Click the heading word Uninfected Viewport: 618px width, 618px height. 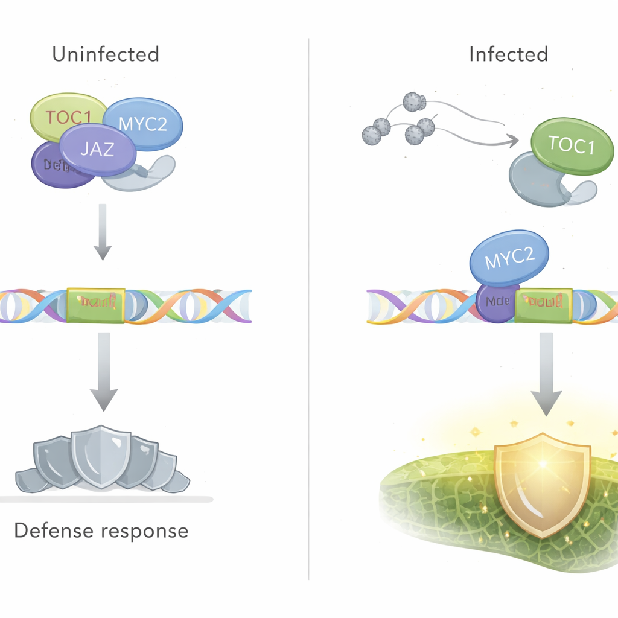106,54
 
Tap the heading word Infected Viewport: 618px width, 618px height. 508,54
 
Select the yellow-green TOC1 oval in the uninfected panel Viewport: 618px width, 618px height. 60,115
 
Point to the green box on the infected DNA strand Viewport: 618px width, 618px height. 543,305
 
